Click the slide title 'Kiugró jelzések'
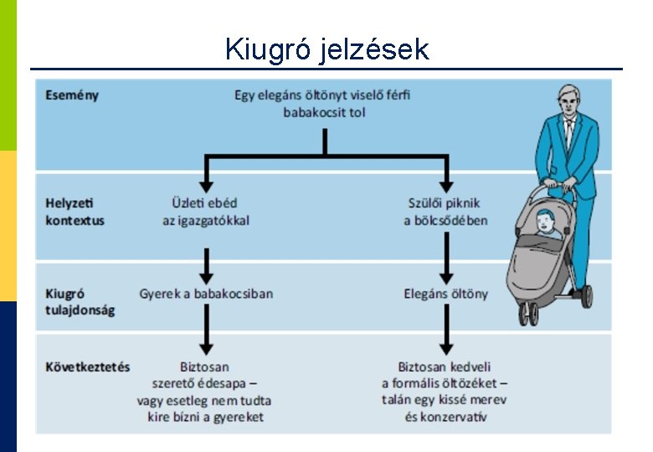pyautogui.click(x=326, y=50)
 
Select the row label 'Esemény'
pyautogui.click(x=72, y=95)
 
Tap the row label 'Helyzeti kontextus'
pyautogui.click(x=75, y=212)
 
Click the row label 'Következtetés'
pyautogui.click(x=88, y=367)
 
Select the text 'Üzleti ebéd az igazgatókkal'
pyautogui.click(x=206, y=212)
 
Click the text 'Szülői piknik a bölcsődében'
pyautogui.click(x=445, y=212)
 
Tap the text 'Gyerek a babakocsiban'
pyautogui.click(x=206, y=294)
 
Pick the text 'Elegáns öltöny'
pyautogui.click(x=445, y=294)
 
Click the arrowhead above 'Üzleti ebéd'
pyautogui.click(x=206, y=184)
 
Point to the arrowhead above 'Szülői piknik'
pyautogui.click(x=445, y=184)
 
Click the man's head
pyautogui.click(x=569, y=100)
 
